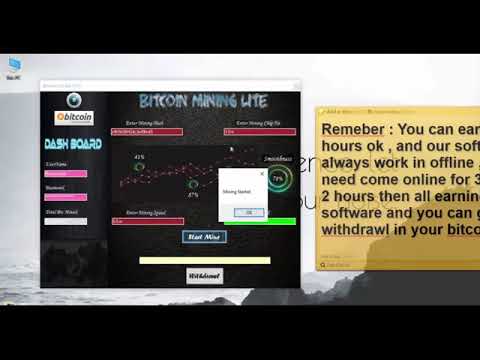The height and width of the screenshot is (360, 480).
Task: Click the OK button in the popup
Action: click(248, 212)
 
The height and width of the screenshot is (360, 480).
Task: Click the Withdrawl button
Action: click(204, 275)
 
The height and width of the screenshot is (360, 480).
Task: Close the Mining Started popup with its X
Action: click(261, 173)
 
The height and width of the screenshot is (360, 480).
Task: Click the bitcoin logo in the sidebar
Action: click(75, 118)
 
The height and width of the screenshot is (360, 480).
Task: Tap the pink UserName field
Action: click(66, 173)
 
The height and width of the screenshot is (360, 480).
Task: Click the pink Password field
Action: click(66, 196)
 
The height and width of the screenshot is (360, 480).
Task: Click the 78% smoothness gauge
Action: click(277, 178)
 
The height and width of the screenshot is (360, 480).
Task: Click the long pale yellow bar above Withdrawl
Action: click(204, 260)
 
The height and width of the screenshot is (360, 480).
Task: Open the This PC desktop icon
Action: click(14, 65)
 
